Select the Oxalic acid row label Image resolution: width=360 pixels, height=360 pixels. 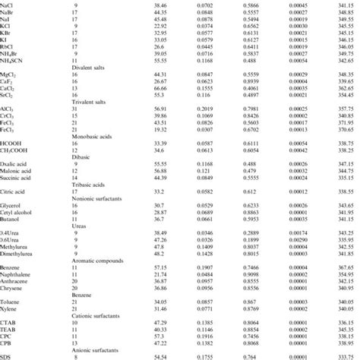coord(17,191)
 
